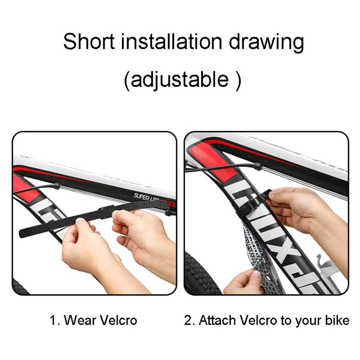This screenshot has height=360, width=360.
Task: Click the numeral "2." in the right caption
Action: click(189, 320)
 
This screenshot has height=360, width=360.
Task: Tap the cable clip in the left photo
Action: click(57, 185)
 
